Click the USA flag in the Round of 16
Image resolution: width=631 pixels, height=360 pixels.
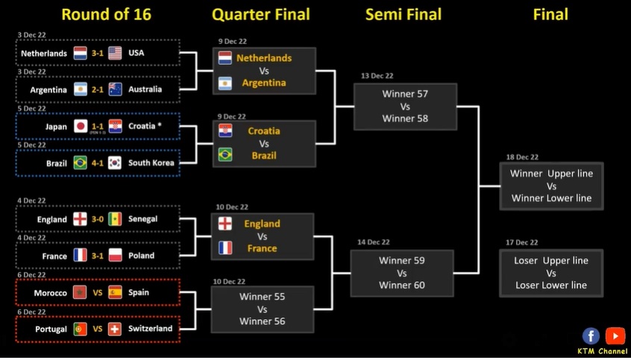[115, 53]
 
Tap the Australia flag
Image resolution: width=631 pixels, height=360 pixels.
[115, 89]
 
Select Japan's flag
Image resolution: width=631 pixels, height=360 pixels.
[81, 126]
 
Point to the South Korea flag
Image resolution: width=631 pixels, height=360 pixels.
[115, 162]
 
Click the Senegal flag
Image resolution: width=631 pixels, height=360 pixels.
[115, 219]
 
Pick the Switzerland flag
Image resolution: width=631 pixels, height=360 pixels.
[115, 329]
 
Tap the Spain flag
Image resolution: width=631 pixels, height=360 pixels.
[115, 292]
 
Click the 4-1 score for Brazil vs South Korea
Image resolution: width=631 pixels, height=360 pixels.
[98, 162]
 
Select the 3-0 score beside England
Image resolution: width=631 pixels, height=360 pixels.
[98, 219]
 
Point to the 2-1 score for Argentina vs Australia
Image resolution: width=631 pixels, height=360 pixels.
[98, 89]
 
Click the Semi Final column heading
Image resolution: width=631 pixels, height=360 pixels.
[404, 14]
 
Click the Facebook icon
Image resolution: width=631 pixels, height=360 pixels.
[591, 336]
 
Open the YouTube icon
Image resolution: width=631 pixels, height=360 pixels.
[615, 336]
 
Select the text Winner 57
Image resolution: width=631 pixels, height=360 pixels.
[405, 94]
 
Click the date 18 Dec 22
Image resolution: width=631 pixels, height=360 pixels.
[522, 157]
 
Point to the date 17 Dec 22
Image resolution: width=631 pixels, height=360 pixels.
[521, 242]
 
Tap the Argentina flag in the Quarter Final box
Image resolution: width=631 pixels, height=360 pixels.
[225, 83]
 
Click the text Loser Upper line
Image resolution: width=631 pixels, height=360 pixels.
[551, 261]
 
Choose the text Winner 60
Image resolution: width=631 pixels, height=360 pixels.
[402, 285]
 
